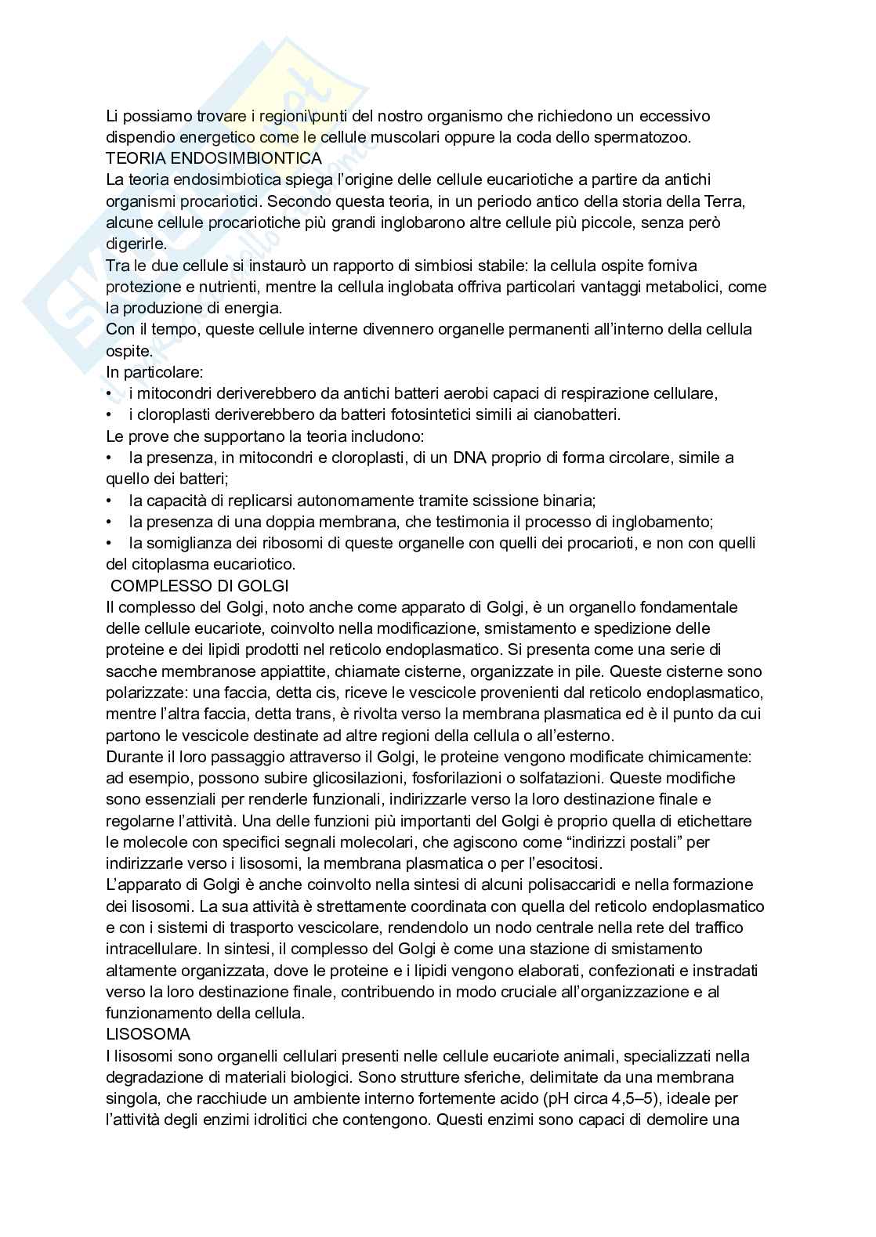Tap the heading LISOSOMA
pos(148,1034)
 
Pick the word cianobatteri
pos(575,414)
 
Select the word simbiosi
pos(433,266)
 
